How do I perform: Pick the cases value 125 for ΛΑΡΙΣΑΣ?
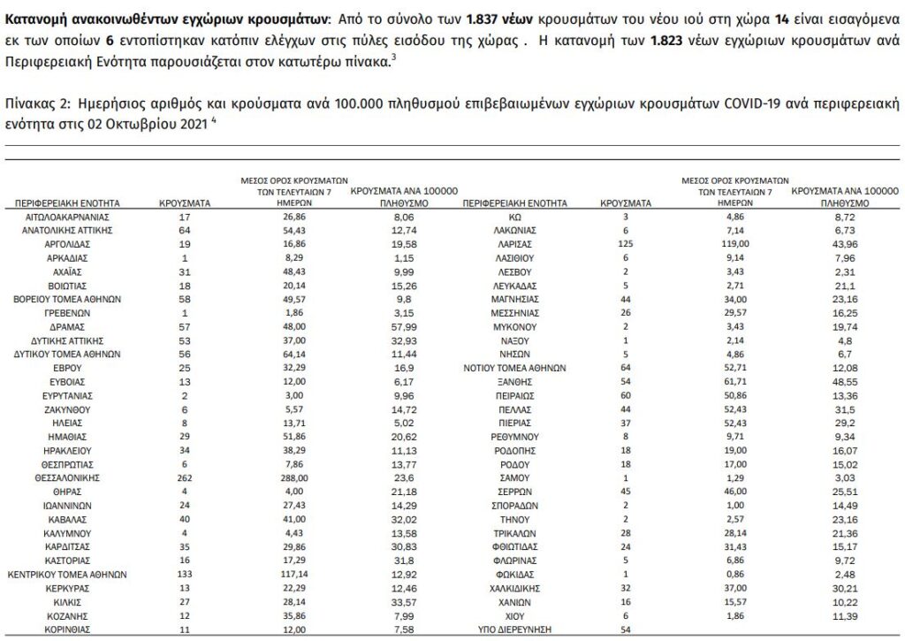coord(626,242)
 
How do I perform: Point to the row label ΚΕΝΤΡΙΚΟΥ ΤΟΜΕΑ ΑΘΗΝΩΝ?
coord(67,573)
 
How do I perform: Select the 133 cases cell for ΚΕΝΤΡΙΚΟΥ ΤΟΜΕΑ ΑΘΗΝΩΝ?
coord(185,573)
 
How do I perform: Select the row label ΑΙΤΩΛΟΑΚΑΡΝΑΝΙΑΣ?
coord(67,215)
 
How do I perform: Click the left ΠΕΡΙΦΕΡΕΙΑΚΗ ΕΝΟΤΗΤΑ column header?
coord(67,202)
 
